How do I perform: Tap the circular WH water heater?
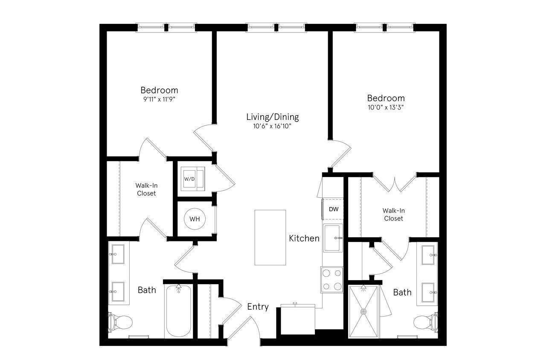(194, 219)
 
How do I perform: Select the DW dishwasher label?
(333, 209)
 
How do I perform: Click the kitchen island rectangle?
(270, 237)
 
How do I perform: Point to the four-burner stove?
(332, 280)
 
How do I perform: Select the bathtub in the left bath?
(178, 311)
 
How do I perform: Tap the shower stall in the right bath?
(364, 312)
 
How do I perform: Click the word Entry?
(258, 307)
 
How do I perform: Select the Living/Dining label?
(272, 117)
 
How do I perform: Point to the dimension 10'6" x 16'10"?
(272, 126)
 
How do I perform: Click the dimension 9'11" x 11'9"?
(159, 99)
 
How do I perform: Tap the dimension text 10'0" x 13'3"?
(385, 107)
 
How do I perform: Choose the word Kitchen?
(304, 238)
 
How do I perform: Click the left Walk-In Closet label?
(146, 189)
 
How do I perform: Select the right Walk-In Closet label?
(393, 214)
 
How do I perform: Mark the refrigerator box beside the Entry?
(297, 319)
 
